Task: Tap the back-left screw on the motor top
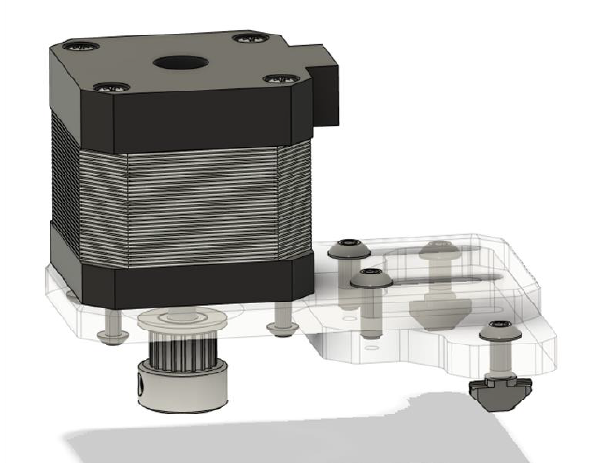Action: (x=73, y=45)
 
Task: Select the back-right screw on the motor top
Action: (x=248, y=38)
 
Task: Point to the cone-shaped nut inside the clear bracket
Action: (x=439, y=308)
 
